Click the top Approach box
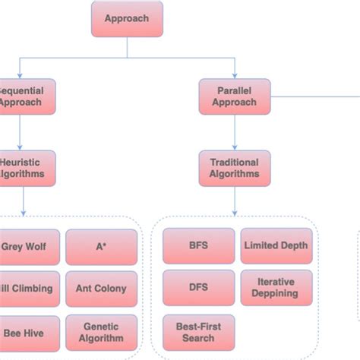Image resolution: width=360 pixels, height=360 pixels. (x=127, y=19)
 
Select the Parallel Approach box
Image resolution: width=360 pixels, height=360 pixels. (x=234, y=96)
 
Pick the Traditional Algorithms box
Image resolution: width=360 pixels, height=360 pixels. (x=234, y=168)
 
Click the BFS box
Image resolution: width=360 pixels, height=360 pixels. (x=198, y=246)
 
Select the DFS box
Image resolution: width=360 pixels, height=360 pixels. (x=198, y=289)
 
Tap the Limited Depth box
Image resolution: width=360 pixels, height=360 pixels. (x=276, y=246)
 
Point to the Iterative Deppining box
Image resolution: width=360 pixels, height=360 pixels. (x=276, y=289)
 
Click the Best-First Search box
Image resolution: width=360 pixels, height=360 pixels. (x=198, y=332)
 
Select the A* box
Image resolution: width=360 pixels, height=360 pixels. (x=101, y=246)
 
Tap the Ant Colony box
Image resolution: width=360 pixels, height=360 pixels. (x=101, y=289)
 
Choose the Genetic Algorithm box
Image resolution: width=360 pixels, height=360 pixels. (x=101, y=332)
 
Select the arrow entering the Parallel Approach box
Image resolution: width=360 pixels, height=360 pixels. (x=234, y=68)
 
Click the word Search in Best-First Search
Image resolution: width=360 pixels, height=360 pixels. (x=198, y=338)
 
